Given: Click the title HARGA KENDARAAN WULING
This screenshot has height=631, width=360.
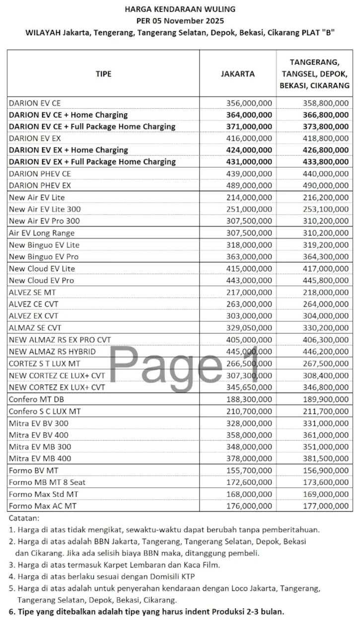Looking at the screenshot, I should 180,9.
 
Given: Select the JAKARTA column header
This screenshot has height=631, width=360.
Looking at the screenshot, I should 237,74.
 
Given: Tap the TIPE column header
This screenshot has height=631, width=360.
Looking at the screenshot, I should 103,74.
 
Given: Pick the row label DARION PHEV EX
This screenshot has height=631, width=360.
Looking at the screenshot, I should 40,185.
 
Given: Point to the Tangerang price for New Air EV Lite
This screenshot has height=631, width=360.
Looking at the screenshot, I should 326,197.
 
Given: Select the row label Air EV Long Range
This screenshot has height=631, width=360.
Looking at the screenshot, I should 42,233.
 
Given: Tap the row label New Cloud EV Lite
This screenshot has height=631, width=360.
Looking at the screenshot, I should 42,268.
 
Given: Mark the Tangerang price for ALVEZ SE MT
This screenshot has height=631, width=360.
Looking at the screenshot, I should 326,292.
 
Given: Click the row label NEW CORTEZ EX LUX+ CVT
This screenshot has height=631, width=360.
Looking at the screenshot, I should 57,387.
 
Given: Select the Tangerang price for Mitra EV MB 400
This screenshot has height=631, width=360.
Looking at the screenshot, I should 326,459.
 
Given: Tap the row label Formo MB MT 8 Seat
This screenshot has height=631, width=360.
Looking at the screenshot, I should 47,482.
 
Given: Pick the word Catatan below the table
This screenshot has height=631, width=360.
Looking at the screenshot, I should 24,518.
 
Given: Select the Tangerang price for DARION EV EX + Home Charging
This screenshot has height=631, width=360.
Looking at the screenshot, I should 326,150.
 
